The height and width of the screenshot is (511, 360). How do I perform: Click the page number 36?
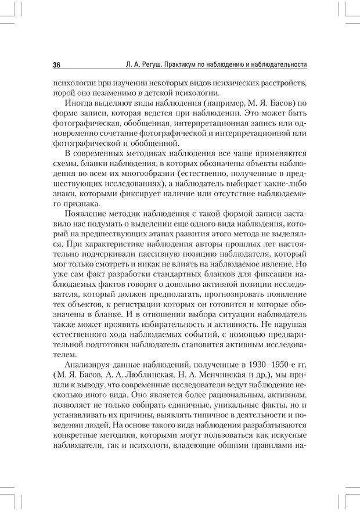click(57, 64)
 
